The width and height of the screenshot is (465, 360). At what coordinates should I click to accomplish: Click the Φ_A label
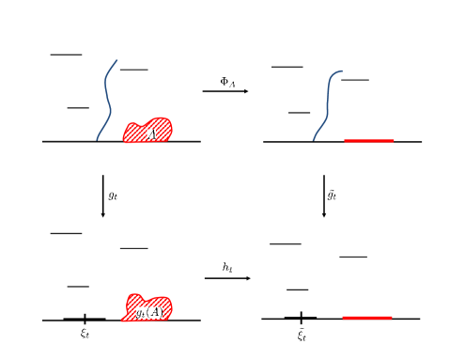227,82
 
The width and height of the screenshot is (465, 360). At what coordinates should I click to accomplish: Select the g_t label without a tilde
113,196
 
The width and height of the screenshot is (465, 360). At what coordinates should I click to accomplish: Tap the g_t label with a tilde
332,195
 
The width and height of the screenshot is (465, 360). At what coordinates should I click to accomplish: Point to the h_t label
227,268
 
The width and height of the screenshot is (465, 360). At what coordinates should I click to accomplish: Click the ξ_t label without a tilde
85,332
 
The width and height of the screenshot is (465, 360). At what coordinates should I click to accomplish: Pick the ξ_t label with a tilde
302,333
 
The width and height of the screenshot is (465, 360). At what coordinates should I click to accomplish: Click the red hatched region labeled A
148,131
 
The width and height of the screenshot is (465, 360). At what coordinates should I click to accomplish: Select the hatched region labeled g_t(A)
148,308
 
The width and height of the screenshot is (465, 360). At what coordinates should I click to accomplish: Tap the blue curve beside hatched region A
106,99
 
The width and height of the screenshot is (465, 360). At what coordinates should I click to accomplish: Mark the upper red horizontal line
368,141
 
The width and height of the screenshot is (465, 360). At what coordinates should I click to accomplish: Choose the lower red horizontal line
366,318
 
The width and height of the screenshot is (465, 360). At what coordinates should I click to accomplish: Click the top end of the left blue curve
117,60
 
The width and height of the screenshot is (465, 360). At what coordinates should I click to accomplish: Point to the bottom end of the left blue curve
97,140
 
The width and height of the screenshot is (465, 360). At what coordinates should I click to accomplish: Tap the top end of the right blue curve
342,70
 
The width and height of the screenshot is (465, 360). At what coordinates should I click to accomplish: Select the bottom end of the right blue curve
314,140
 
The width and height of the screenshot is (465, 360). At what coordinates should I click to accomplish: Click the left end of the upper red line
345,141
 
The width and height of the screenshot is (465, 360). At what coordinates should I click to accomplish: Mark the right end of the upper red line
393,141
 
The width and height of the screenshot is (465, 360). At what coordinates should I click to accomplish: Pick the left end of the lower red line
343,318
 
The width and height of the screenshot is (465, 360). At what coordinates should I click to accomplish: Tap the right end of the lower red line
391,318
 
